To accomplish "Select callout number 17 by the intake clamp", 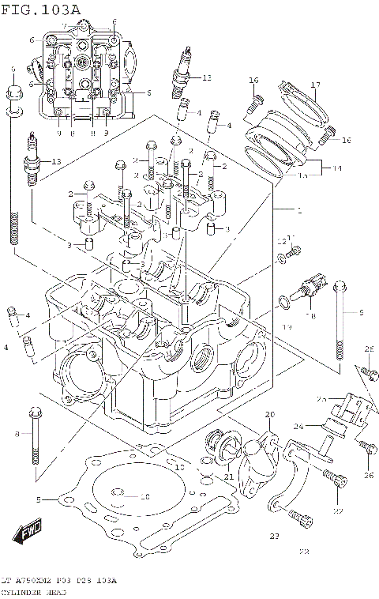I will [x=314, y=85].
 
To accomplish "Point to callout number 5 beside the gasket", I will [x=38, y=499].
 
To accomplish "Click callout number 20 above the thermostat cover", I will [x=269, y=415].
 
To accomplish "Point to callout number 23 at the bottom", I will [x=275, y=537].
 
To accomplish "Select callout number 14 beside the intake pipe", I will [x=337, y=168].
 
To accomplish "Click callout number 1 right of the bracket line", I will [x=299, y=210].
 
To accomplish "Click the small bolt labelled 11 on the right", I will [x=295, y=252].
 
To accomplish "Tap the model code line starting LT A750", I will [x=58, y=581].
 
